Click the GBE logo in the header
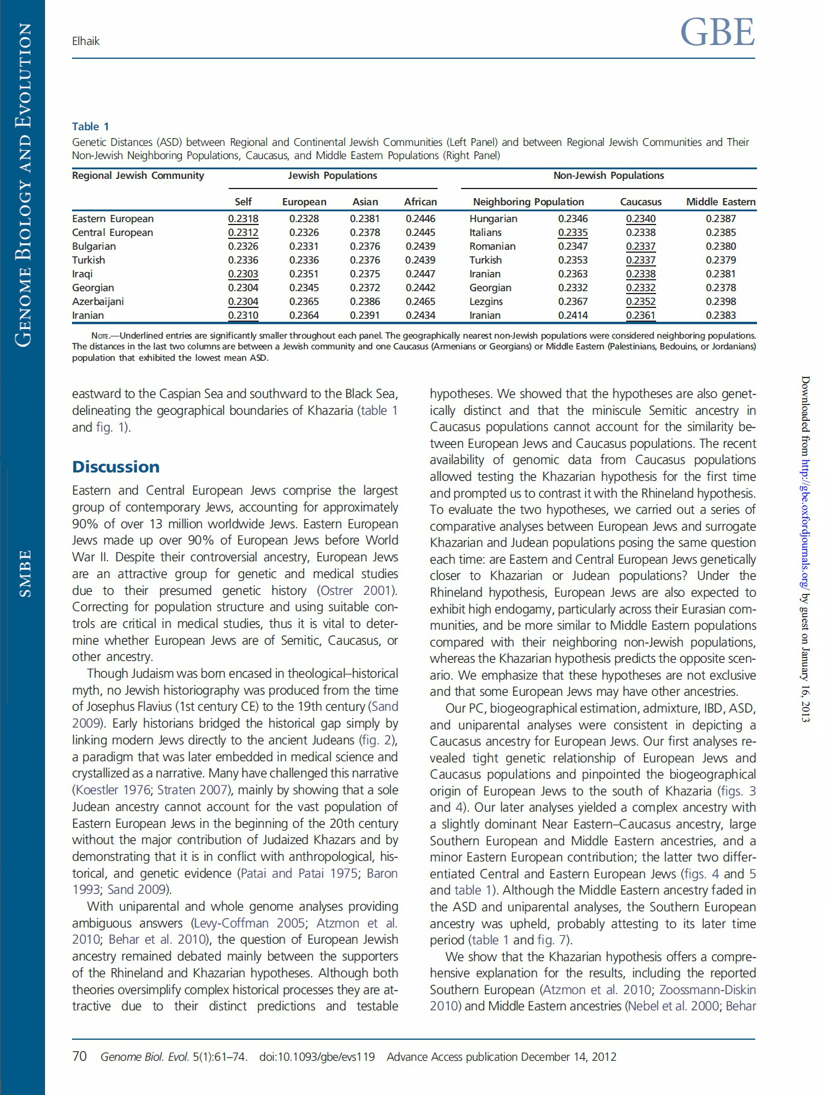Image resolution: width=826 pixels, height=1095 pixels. point(717,32)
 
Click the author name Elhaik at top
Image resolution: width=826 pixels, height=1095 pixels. point(85,41)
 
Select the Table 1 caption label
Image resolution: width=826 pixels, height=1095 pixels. point(91,127)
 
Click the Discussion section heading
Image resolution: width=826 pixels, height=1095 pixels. point(116,467)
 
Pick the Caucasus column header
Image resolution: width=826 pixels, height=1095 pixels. point(641,202)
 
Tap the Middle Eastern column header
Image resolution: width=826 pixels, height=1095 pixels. point(720,202)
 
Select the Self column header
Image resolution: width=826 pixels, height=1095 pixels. point(243,202)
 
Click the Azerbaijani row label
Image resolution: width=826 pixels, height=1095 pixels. point(98,302)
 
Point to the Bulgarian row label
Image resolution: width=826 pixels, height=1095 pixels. point(94,247)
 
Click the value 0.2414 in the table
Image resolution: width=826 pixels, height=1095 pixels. point(573,316)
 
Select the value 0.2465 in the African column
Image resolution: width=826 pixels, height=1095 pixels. point(420,302)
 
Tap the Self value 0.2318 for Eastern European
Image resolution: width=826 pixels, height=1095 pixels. point(243,219)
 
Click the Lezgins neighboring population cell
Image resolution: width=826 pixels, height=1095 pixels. point(486,302)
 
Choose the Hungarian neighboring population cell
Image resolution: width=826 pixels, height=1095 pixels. point(493,219)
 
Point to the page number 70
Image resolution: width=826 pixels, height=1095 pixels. point(79,1057)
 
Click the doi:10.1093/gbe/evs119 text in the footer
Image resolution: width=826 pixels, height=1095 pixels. point(317,1057)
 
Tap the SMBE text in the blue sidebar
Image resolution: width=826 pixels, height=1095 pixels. point(25,574)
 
